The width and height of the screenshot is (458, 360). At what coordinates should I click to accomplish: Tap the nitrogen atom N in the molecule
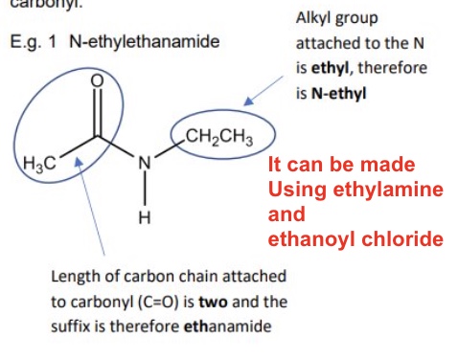[145, 163]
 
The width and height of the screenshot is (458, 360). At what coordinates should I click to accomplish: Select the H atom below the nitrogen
[145, 217]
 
